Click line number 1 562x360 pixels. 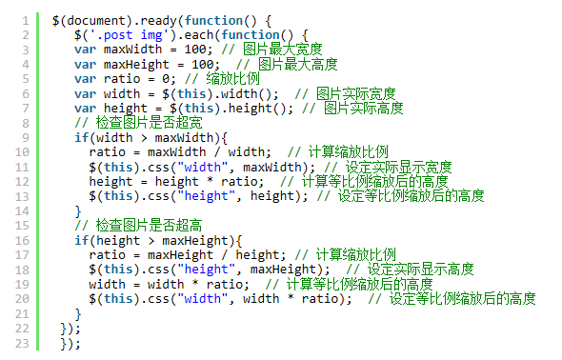[26, 20]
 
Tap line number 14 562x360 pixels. [22, 211]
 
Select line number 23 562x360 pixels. [22, 343]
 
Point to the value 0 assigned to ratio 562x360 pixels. [166, 79]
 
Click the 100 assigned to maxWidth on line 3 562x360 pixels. [195, 50]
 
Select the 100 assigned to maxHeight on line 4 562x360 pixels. [203, 65]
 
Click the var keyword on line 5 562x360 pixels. [86, 79]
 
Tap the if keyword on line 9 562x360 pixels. [81, 137]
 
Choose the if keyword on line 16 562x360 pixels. [81, 240]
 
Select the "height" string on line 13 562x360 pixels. [206, 196]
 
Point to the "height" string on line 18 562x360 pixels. [206, 270]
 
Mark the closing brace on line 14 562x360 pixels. [78, 211]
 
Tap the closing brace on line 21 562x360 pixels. [78, 314]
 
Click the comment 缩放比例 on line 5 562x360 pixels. [232, 79]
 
